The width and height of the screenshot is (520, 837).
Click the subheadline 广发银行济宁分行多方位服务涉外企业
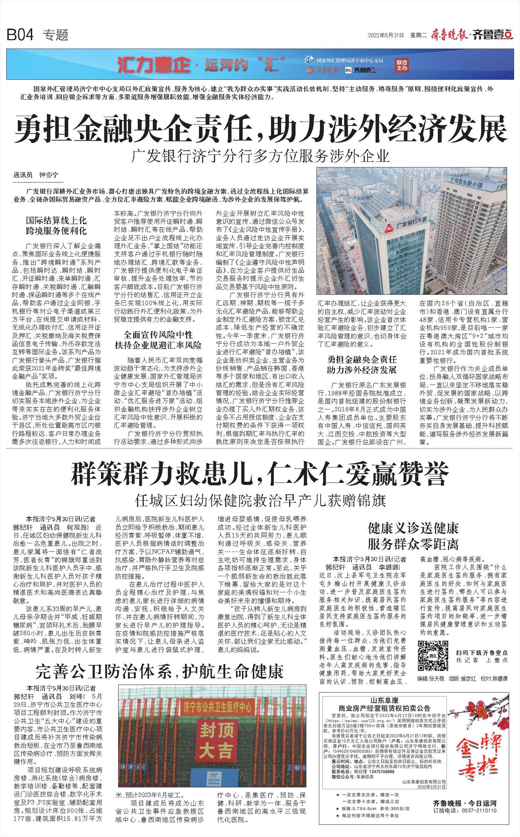click(x=260, y=156)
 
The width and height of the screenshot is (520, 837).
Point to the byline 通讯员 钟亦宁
click(x=36, y=175)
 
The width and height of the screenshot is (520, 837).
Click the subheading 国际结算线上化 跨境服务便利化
click(x=56, y=226)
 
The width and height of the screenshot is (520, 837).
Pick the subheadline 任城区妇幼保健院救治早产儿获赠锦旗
click(x=260, y=501)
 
